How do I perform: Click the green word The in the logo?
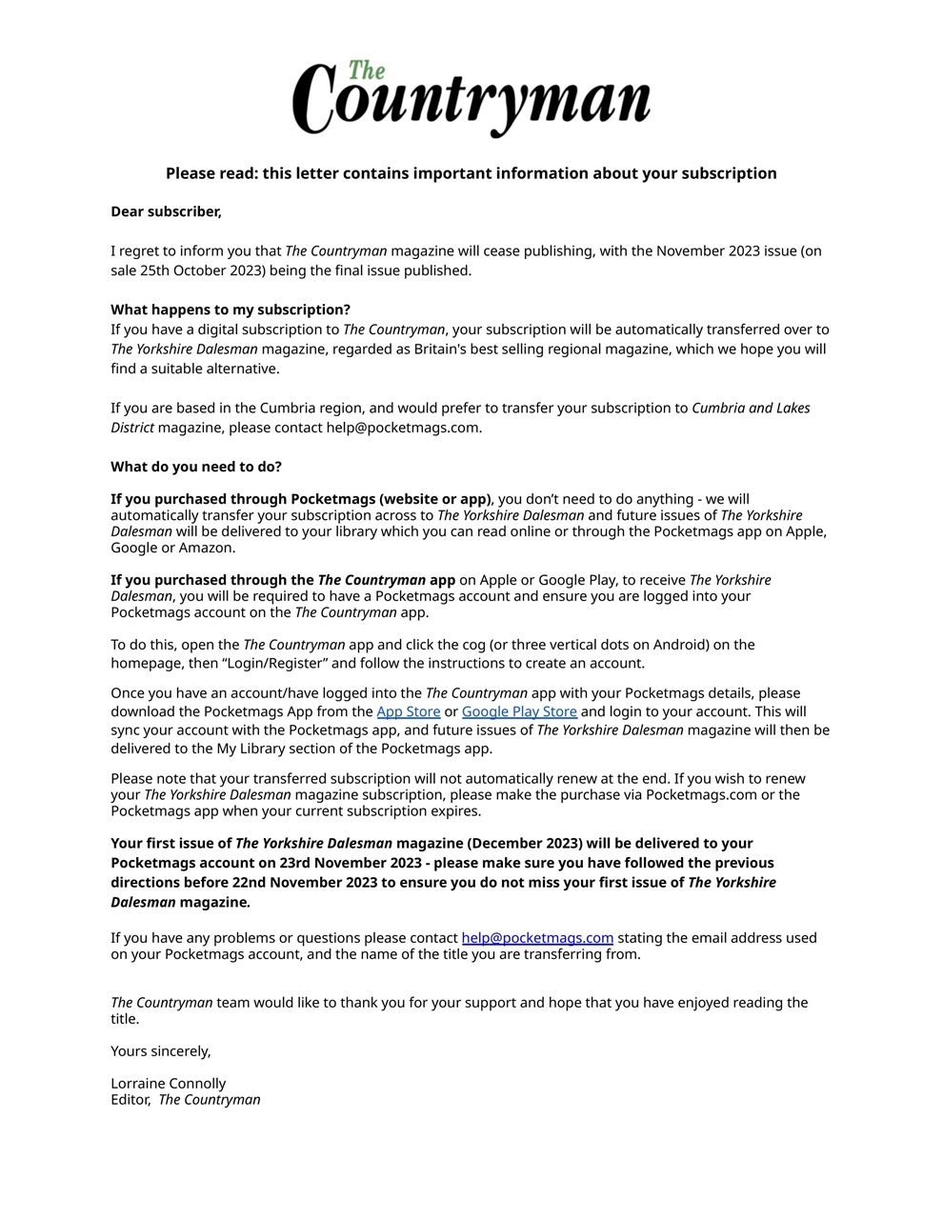pyautogui.click(x=367, y=70)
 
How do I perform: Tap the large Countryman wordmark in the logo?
pyautogui.click(x=471, y=101)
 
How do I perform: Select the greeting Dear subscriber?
pyautogui.click(x=166, y=211)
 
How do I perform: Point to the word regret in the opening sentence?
pyautogui.click(x=148, y=251)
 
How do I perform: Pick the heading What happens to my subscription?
pyautogui.click(x=231, y=310)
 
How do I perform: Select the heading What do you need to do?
pyautogui.click(x=196, y=467)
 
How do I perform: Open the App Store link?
pyautogui.click(x=409, y=711)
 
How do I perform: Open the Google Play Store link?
pyautogui.click(x=519, y=711)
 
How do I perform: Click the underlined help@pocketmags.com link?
pyautogui.click(x=537, y=938)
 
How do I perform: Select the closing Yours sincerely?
pyautogui.click(x=161, y=1051)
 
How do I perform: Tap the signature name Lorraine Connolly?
pyautogui.click(x=169, y=1084)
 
